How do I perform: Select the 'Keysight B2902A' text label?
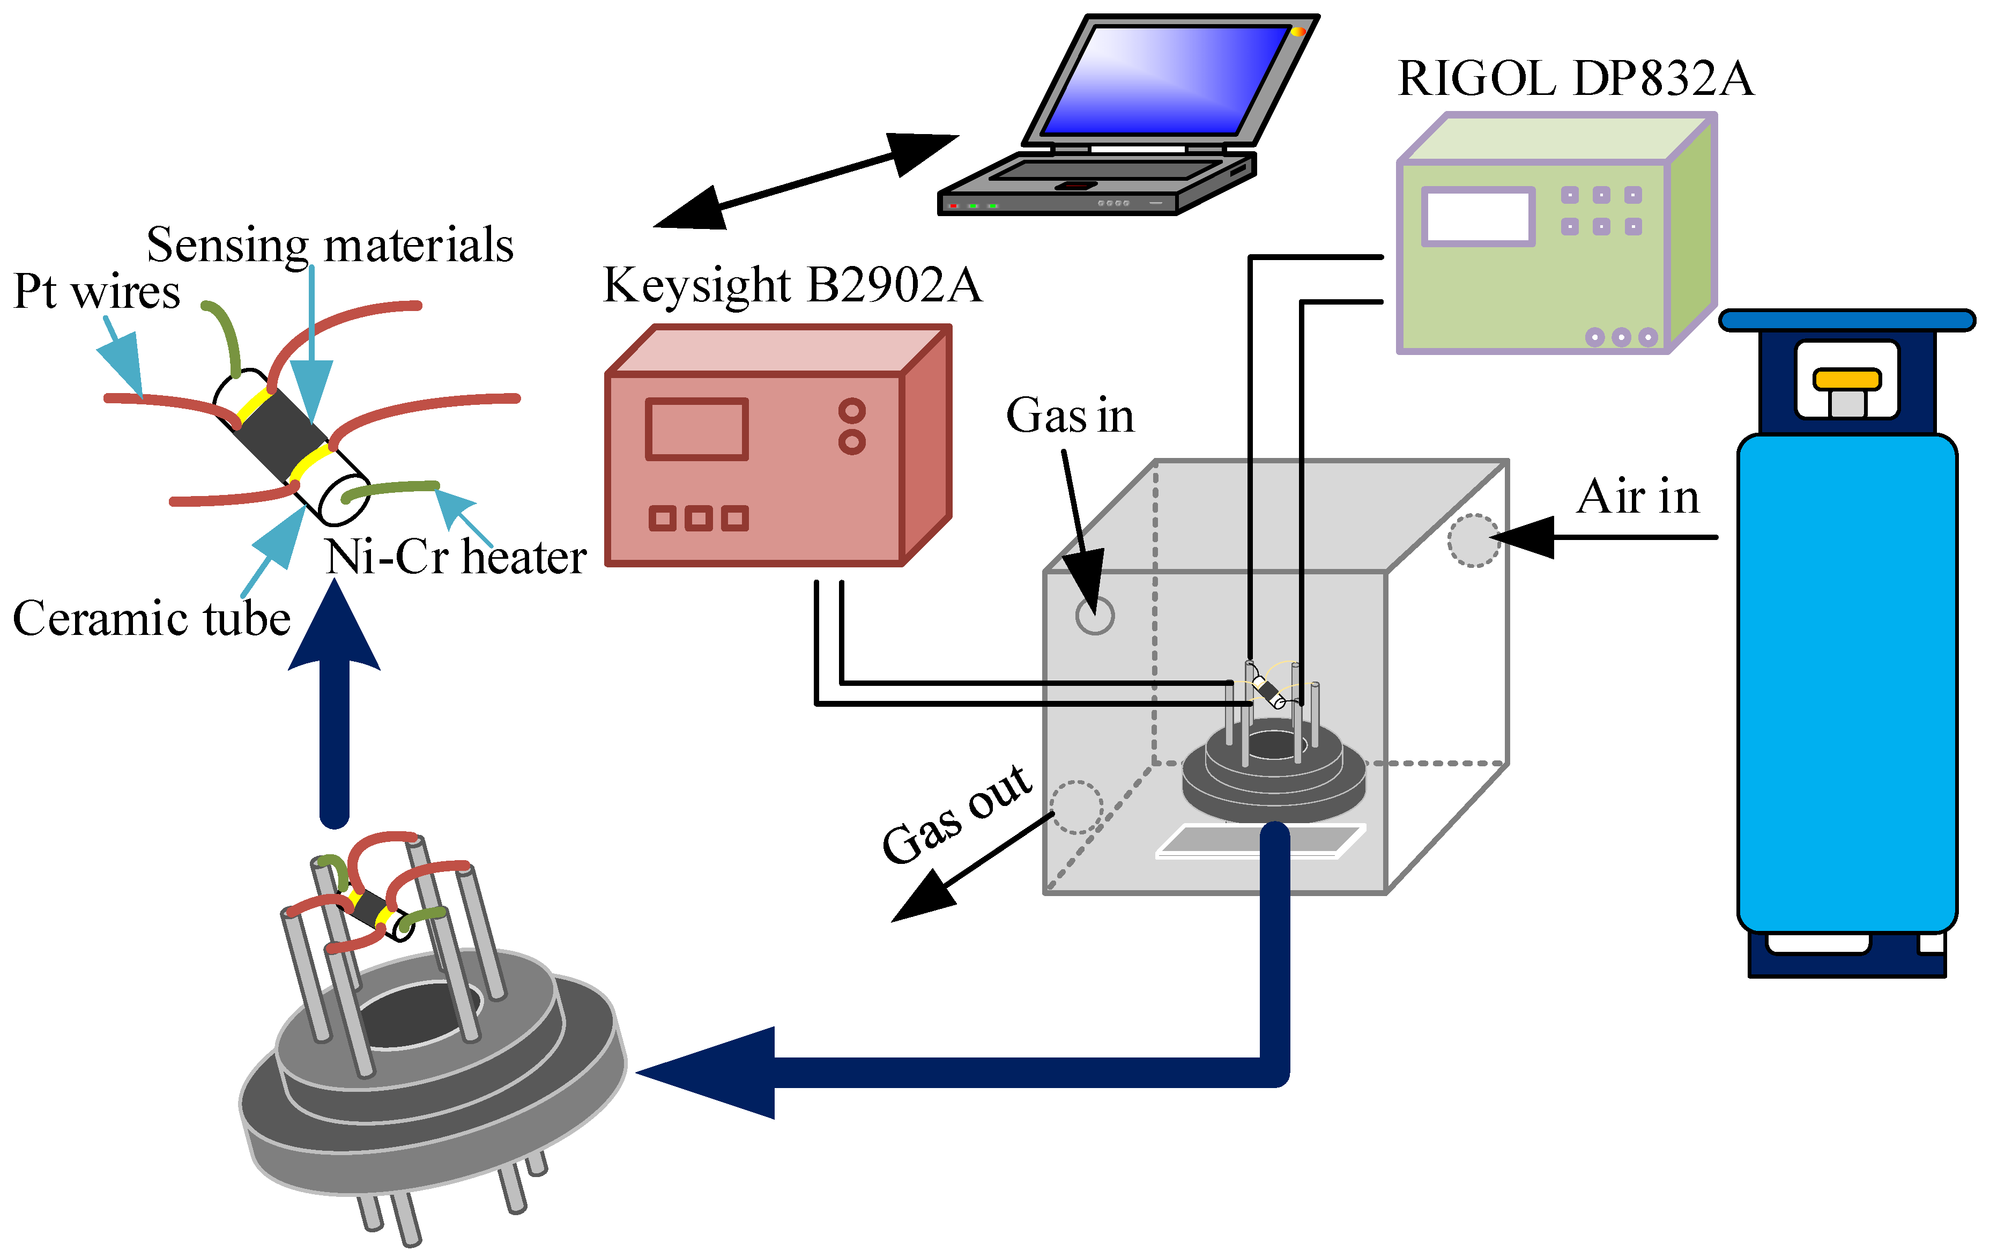792,286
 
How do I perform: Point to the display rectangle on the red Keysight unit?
697,429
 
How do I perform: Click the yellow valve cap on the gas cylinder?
1846,380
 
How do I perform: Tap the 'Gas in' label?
1070,416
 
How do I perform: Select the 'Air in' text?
1637,498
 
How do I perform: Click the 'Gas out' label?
957,815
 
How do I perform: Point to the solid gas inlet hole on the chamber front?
1094,615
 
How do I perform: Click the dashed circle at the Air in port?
1474,541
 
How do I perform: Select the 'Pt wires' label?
96,292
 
